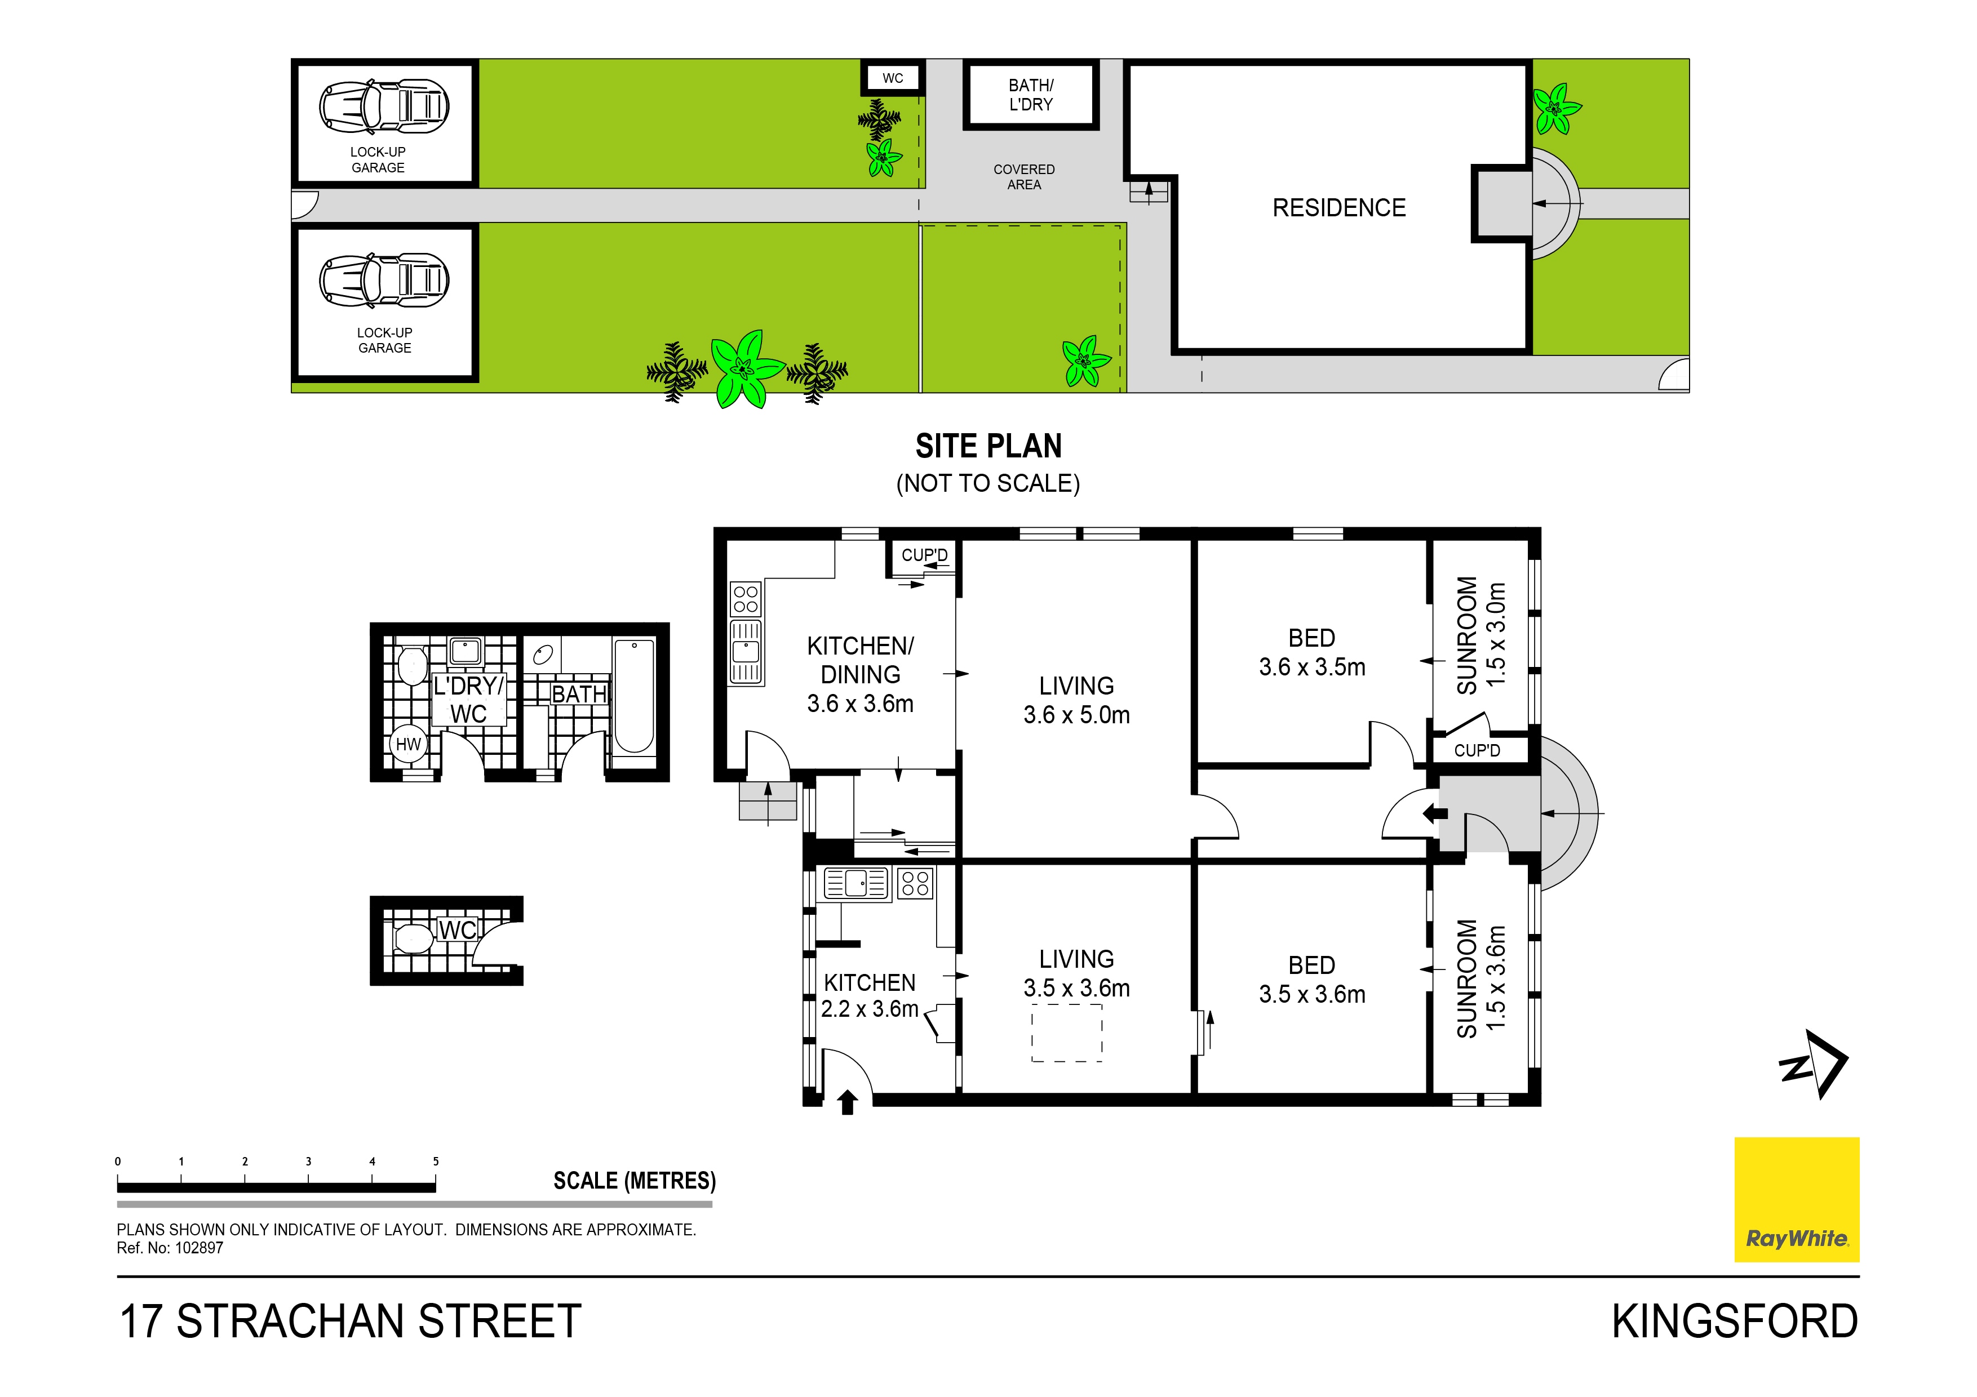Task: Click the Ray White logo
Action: (1796, 1199)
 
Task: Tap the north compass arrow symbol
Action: (1814, 1065)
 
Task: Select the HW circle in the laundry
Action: (408, 744)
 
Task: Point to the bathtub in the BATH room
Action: (634, 696)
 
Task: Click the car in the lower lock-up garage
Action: (384, 280)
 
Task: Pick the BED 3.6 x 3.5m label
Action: (1311, 652)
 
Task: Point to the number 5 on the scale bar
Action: (436, 1161)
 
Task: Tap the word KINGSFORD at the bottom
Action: (1734, 1322)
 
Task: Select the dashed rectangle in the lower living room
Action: (1067, 1036)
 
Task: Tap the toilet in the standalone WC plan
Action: (413, 938)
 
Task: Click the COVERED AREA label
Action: (1024, 176)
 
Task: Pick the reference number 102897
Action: (199, 1247)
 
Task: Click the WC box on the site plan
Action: (893, 78)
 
